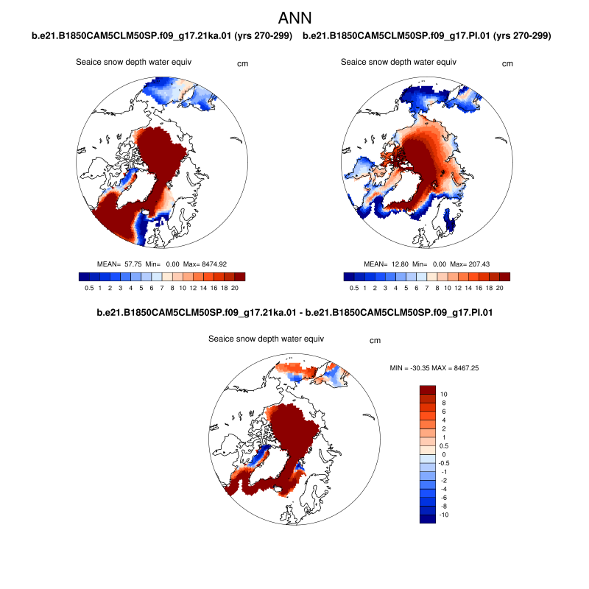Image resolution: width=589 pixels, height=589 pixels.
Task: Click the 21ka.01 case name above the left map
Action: tap(162, 35)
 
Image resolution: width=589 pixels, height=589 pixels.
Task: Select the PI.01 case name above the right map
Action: tap(427, 35)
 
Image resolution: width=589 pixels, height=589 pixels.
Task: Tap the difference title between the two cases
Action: tap(294, 313)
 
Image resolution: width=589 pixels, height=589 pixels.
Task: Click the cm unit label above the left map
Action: tap(242, 63)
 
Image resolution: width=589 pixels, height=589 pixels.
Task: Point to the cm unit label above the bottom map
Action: tap(375, 340)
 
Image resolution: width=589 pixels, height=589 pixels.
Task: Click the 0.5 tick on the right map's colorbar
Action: tap(354, 289)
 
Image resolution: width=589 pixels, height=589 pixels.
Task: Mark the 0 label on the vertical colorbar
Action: tap(442, 454)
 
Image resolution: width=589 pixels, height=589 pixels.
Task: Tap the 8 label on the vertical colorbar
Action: tap(443, 403)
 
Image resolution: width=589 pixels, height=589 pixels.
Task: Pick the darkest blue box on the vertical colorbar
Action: tap(428, 518)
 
